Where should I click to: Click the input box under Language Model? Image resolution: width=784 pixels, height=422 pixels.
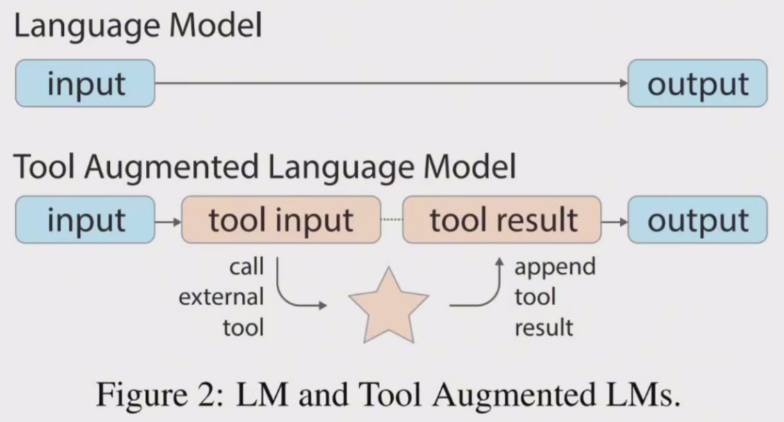(85, 83)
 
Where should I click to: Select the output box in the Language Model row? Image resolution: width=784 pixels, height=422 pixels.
(697, 83)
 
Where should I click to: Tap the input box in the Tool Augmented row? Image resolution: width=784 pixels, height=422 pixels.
(85, 220)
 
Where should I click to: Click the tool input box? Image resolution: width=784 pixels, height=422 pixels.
(281, 220)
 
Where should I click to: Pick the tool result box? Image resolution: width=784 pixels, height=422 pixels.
(503, 220)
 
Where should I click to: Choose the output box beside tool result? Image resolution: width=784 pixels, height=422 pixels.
(697, 220)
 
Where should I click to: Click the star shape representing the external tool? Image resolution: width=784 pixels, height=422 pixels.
(389, 306)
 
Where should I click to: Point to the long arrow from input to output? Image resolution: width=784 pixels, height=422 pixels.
(389, 83)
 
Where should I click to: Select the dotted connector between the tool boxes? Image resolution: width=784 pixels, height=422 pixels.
(391, 220)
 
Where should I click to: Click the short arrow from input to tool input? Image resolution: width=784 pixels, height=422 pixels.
(168, 220)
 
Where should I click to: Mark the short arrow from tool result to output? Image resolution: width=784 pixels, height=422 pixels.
(614, 220)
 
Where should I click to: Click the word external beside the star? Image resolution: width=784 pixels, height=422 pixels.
(221, 298)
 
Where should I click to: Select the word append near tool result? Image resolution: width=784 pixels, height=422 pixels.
(555, 267)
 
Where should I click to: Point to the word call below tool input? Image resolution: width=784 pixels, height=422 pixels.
(246, 267)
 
